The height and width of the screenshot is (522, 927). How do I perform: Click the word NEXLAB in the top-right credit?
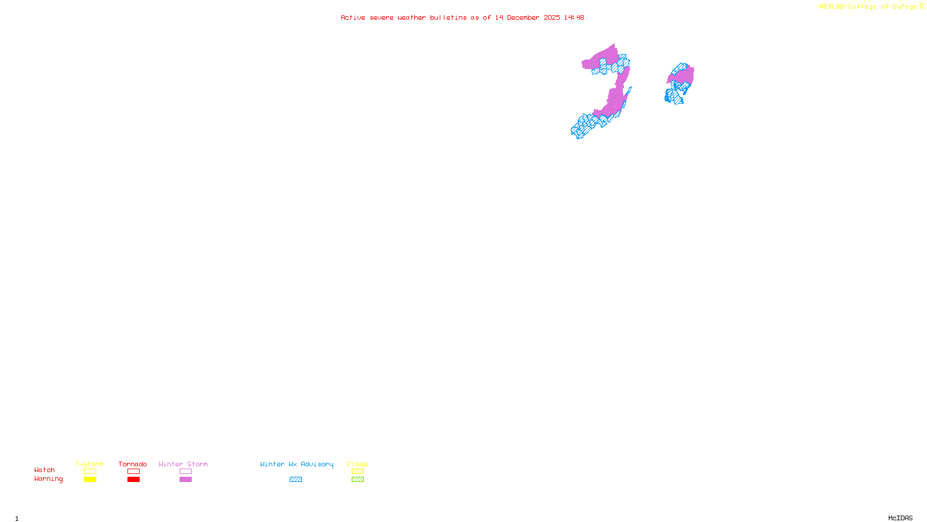[832, 7]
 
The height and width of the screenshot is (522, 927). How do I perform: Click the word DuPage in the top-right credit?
[904, 7]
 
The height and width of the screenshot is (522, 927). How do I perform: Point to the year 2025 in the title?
[552, 17]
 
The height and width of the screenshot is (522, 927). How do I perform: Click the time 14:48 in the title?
[574, 17]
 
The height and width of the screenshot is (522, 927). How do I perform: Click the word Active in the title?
[353, 17]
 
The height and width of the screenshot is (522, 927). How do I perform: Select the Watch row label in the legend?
[45, 470]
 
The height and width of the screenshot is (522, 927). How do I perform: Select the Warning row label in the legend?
[48, 479]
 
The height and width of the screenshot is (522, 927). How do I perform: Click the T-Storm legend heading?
[89, 464]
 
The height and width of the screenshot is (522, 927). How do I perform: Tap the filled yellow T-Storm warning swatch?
[90, 480]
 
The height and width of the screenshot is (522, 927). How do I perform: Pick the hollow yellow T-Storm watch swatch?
[90, 472]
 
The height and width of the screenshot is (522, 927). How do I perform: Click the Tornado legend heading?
[133, 464]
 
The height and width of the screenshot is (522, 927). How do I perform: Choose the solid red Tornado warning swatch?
[133, 480]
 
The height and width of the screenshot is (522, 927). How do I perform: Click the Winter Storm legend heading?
[183, 464]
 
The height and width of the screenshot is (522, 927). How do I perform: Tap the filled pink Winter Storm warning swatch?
[185, 480]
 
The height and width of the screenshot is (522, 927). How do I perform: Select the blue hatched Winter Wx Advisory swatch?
[295, 480]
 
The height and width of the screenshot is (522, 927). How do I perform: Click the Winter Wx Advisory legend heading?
[297, 464]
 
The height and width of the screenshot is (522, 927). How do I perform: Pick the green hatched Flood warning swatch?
[357, 480]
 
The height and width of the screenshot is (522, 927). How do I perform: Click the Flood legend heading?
[357, 464]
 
